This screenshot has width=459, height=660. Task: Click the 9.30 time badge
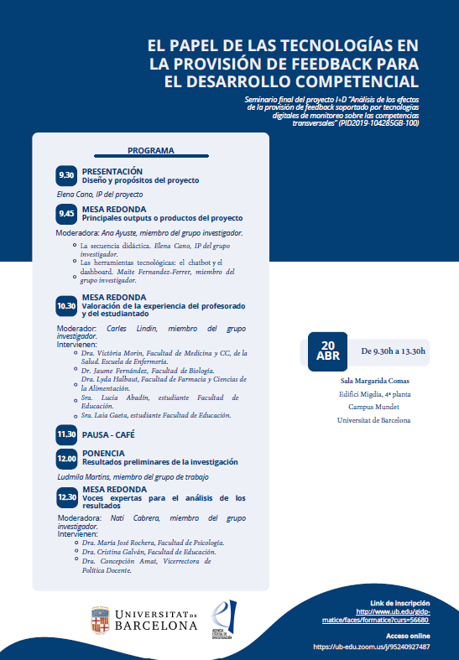(x=66, y=175)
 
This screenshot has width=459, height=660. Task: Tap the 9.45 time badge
(x=66, y=214)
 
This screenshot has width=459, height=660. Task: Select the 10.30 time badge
(x=66, y=306)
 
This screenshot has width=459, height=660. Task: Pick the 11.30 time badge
(x=66, y=434)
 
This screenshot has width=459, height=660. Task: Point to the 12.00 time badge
(x=66, y=458)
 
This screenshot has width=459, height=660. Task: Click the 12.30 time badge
(x=66, y=496)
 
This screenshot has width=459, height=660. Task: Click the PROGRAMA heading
(x=151, y=151)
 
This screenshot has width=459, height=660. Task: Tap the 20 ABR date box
(x=329, y=351)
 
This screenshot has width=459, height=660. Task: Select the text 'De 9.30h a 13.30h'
(x=393, y=351)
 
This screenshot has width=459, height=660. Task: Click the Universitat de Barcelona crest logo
(x=101, y=621)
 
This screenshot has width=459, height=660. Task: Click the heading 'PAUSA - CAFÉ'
(x=107, y=434)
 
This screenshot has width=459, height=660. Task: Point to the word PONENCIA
(x=103, y=453)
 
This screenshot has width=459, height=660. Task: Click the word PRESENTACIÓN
(x=112, y=171)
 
